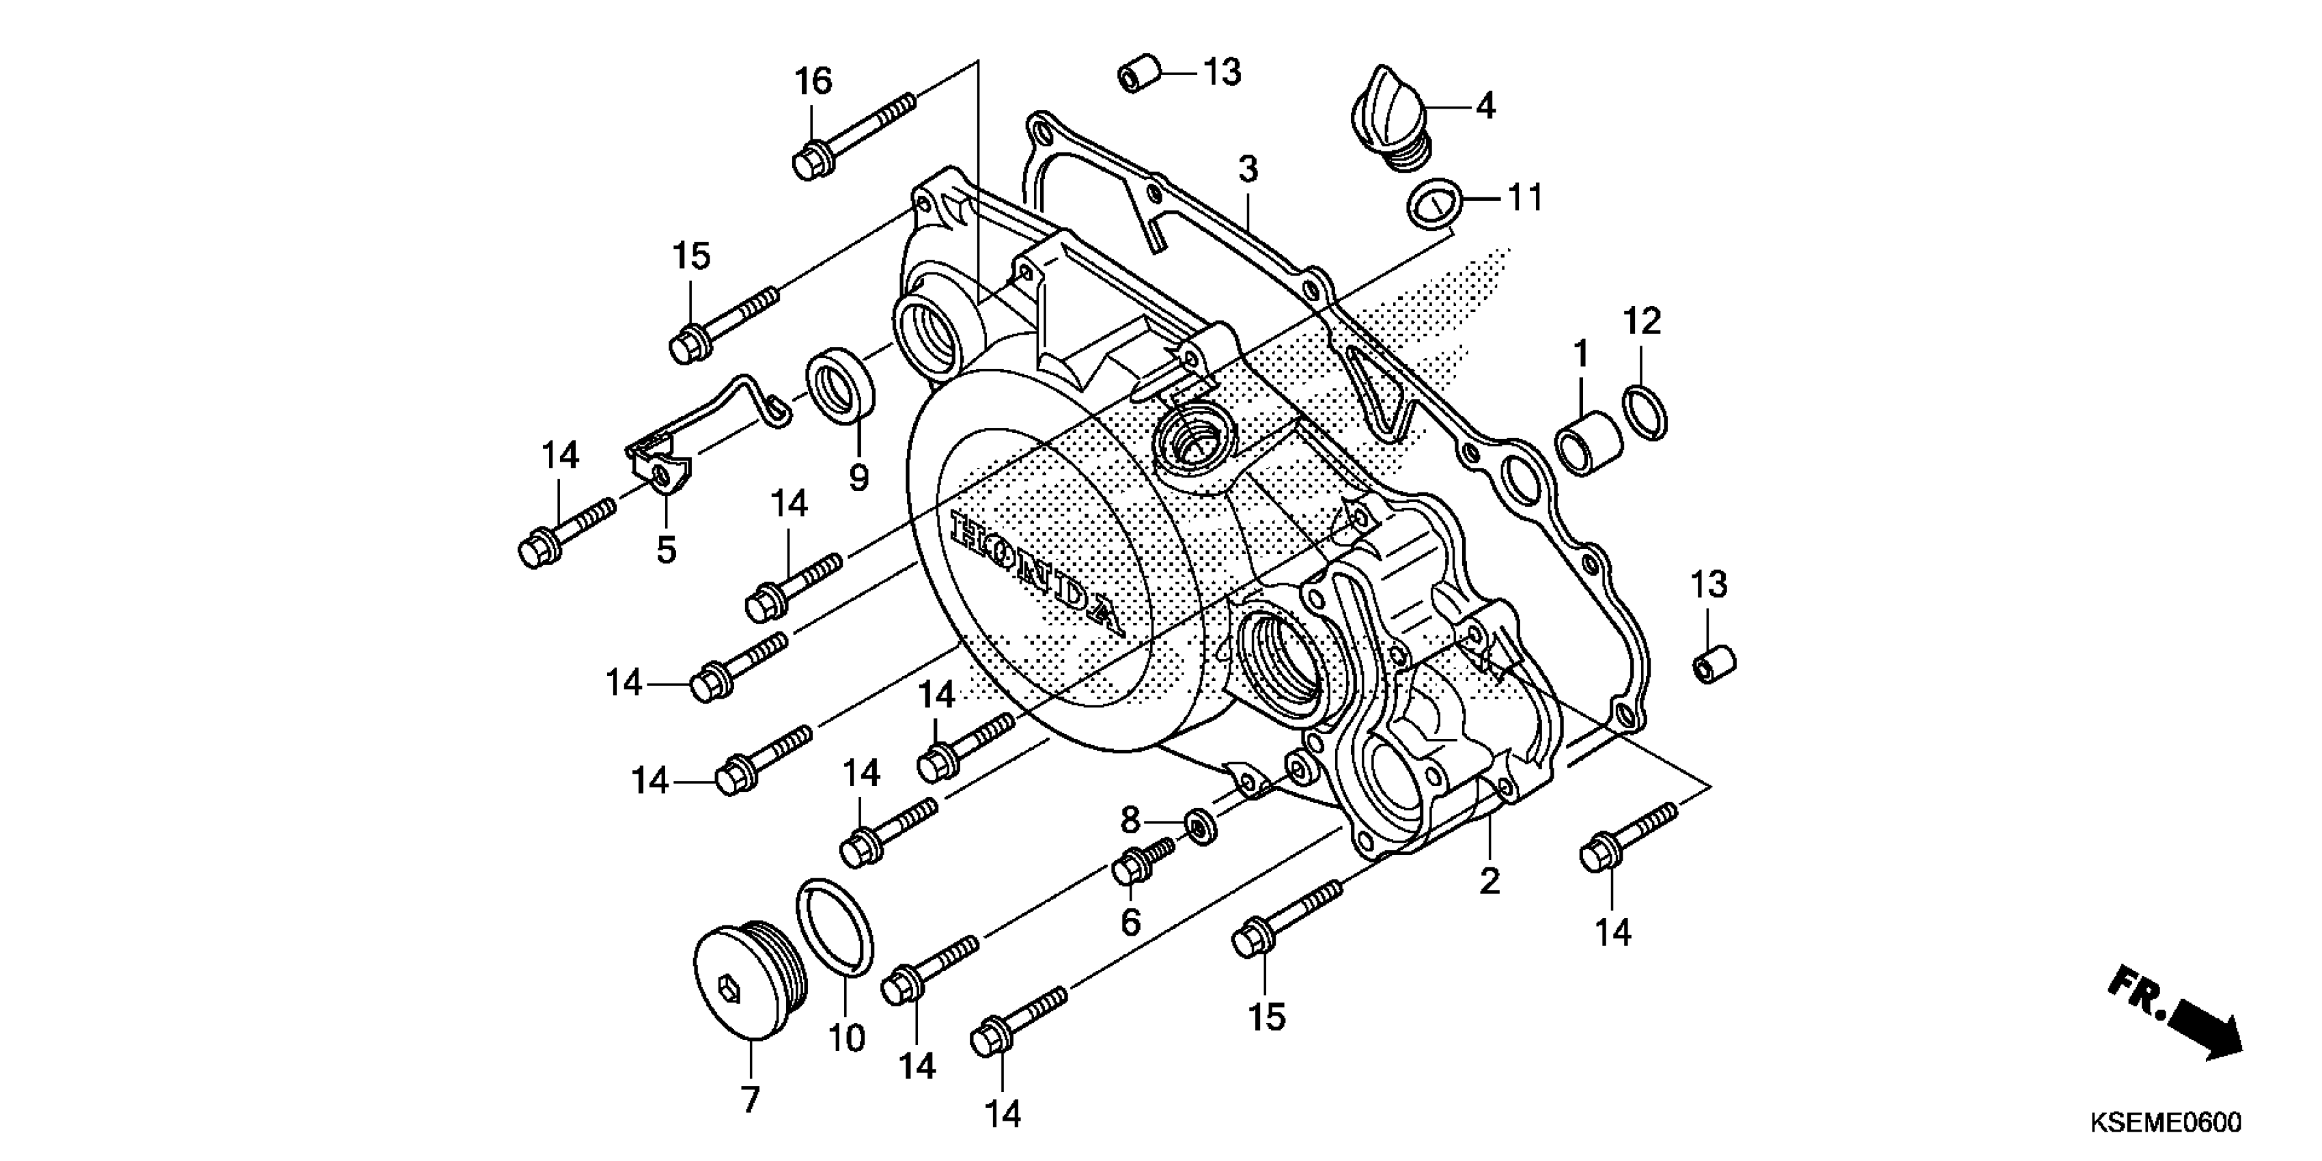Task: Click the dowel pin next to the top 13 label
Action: pyautogui.click(x=1138, y=74)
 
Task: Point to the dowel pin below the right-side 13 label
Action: pyautogui.click(x=1711, y=663)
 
